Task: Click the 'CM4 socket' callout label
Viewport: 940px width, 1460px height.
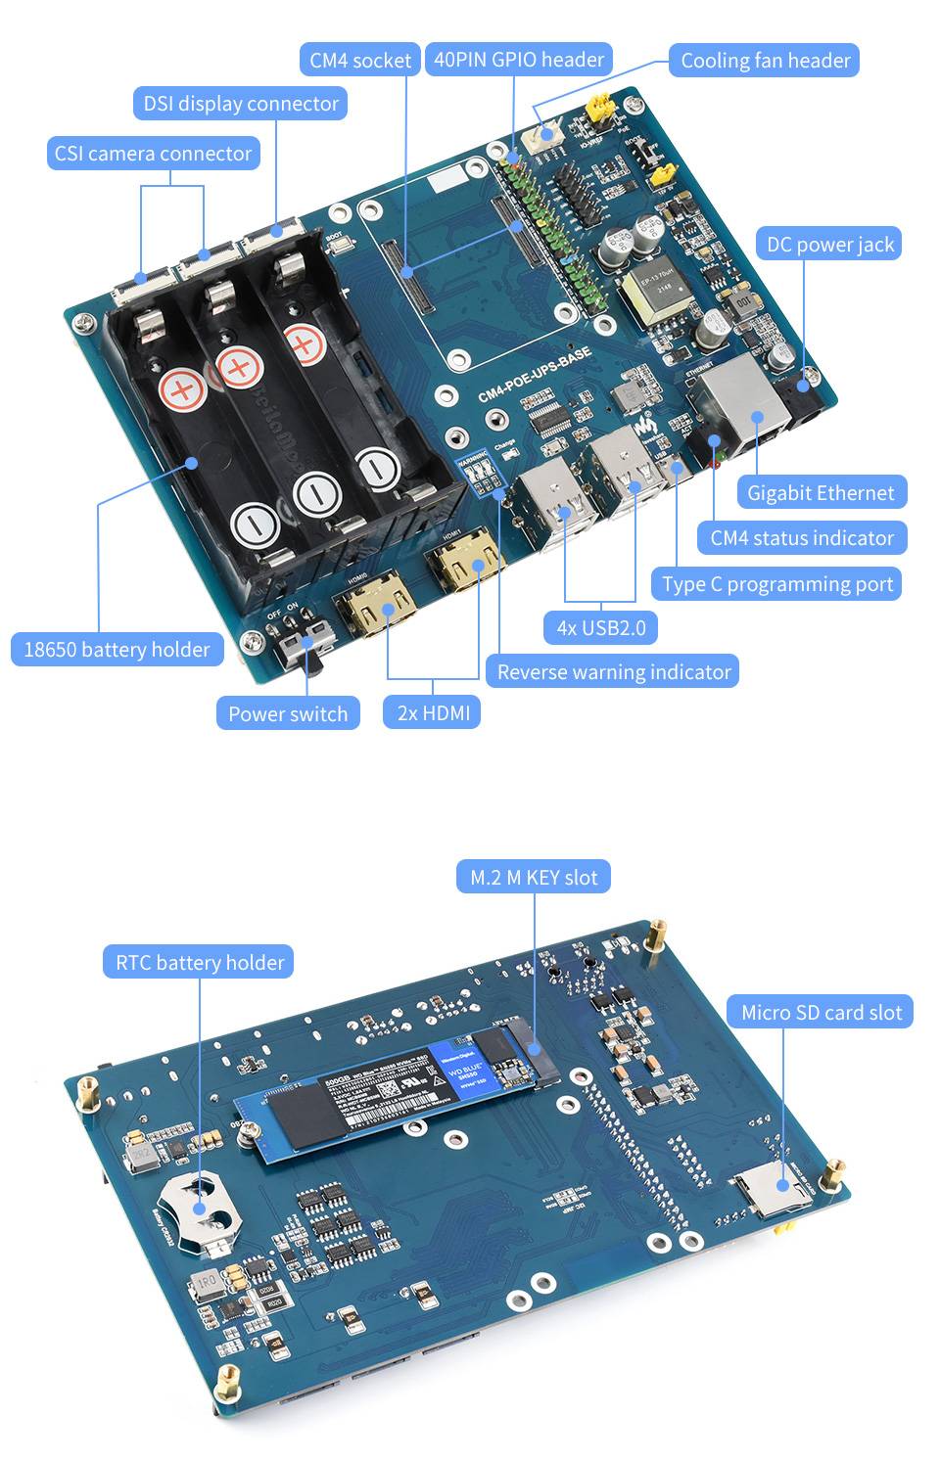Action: click(x=359, y=61)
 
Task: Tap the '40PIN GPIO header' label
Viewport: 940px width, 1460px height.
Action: click(x=518, y=60)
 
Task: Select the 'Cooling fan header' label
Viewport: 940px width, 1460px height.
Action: click(x=765, y=61)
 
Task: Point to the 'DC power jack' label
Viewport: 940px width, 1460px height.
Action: click(x=829, y=245)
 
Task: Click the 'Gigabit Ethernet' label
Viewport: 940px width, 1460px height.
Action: click(x=821, y=493)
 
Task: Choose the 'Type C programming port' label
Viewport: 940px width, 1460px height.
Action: click(x=776, y=584)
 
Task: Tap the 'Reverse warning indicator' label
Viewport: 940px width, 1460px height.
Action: click(x=613, y=672)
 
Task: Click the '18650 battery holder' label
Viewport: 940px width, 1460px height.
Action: click(x=117, y=650)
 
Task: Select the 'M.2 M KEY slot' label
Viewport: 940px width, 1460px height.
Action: click(x=534, y=877)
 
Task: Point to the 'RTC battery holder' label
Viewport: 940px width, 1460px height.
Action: click(x=199, y=963)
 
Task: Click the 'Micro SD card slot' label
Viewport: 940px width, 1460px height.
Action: click(x=821, y=1013)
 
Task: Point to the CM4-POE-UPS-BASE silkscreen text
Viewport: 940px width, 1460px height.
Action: click(x=534, y=374)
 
